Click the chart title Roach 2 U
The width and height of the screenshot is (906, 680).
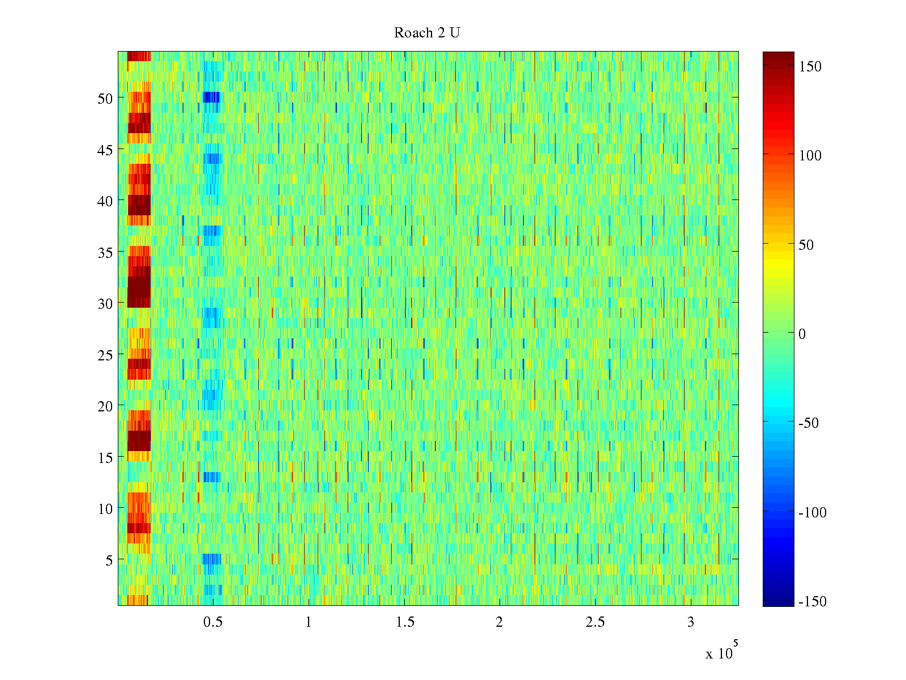tap(427, 33)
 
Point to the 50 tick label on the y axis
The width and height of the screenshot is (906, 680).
tap(105, 98)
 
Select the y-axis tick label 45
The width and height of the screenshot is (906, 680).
tap(105, 150)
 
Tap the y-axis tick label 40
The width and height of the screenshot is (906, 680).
tap(105, 201)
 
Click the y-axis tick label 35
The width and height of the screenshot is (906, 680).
tap(105, 252)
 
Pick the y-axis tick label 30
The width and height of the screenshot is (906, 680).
tap(105, 303)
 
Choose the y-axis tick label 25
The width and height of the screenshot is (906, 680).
tap(105, 355)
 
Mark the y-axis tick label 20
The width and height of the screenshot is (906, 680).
tap(105, 406)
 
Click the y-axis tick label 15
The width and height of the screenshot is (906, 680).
tap(105, 457)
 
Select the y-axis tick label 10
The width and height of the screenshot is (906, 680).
tap(105, 509)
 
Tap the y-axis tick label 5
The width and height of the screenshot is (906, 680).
tap(109, 560)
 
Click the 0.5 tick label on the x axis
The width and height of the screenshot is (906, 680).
tap(213, 622)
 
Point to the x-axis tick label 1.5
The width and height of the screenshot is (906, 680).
tap(405, 622)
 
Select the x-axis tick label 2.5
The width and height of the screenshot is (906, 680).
tap(595, 622)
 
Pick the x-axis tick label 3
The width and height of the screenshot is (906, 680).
tap(691, 622)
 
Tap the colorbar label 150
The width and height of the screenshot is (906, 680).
tap(810, 67)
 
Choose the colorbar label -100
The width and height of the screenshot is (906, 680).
tap(813, 513)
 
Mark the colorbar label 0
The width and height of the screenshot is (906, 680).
tap(802, 334)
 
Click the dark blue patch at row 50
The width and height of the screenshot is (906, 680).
tap(211, 97)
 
